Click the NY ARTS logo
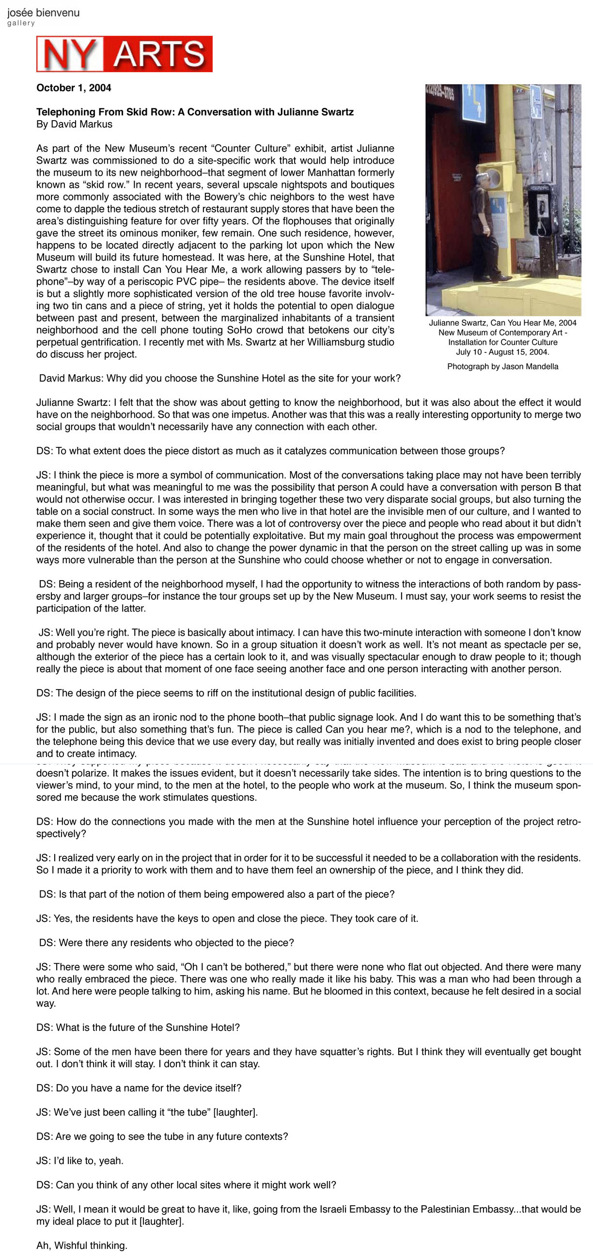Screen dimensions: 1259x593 [x=124, y=54]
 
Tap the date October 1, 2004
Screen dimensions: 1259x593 [x=74, y=88]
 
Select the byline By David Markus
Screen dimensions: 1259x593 [x=74, y=124]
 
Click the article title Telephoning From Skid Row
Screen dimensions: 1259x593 [x=195, y=112]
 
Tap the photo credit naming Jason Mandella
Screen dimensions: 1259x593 [x=502, y=367]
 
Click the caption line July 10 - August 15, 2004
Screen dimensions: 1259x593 [x=502, y=352]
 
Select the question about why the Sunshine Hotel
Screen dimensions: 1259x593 [x=219, y=378]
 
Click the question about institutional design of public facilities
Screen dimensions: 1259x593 [x=226, y=693]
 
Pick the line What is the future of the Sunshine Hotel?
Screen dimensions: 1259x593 [x=138, y=1028]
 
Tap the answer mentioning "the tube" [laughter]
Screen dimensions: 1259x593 [x=147, y=1112]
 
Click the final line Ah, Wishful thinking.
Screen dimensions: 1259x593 [x=82, y=1245]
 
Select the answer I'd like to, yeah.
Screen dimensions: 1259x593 [x=79, y=1161]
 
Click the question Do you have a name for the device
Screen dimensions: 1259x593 [x=139, y=1088]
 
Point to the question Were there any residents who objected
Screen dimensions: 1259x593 [x=166, y=943]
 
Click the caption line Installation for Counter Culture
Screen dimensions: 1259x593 [x=502, y=342]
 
